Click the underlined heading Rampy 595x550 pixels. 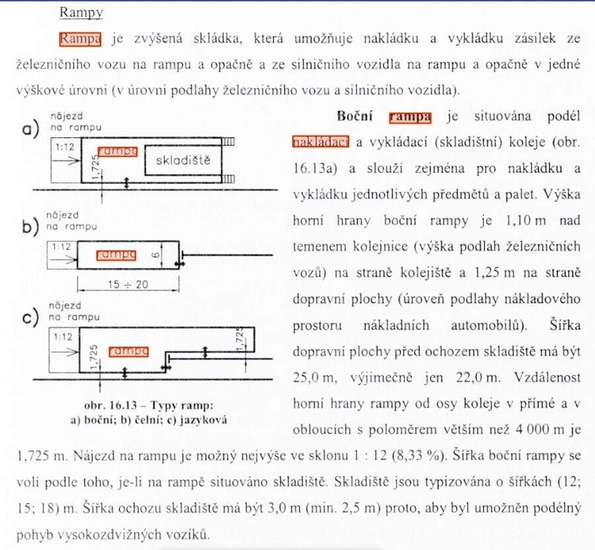[81, 13]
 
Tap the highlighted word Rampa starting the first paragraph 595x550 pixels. [79, 39]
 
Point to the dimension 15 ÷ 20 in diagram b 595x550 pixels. [128, 285]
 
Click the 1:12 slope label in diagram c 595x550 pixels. [64, 336]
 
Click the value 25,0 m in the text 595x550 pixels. [314, 377]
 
